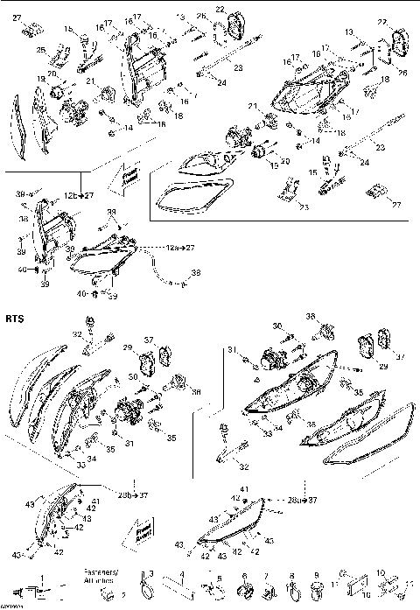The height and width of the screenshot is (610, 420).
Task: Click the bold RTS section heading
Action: point(15,320)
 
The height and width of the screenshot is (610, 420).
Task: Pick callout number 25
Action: point(38,49)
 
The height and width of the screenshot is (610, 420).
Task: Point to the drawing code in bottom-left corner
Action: point(11,606)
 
